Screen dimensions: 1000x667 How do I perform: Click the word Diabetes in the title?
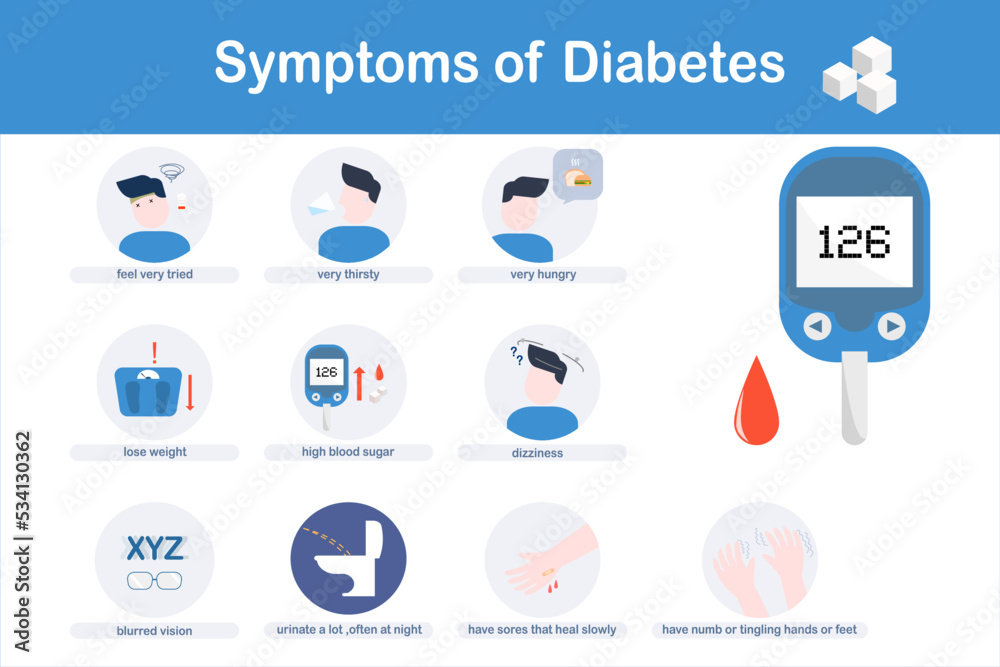pyautogui.click(x=673, y=62)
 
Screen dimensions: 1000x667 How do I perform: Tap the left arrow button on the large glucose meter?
pyautogui.click(x=817, y=326)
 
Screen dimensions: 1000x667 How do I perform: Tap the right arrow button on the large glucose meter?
pyautogui.click(x=892, y=326)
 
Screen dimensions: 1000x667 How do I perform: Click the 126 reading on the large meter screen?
pyautogui.click(x=854, y=242)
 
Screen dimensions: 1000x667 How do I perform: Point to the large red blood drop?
pyautogui.click(x=756, y=402)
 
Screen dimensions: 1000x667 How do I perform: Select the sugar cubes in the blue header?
pyautogui.click(x=860, y=75)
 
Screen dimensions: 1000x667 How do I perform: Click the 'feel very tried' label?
pyautogui.click(x=154, y=274)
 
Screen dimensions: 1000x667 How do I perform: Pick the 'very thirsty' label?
pyautogui.click(x=348, y=274)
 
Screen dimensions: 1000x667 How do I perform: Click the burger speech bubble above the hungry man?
pyautogui.click(x=577, y=175)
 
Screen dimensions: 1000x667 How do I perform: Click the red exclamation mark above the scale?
pyautogui.click(x=154, y=353)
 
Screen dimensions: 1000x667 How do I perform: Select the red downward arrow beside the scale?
pyautogui.click(x=189, y=393)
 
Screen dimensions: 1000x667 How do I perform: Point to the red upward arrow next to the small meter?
pyautogui.click(x=360, y=384)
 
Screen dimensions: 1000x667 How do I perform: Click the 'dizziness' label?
pyautogui.click(x=537, y=453)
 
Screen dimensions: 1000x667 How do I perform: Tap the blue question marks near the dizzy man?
pyautogui.click(x=517, y=355)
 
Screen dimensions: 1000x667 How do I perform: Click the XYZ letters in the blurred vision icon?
pyautogui.click(x=155, y=548)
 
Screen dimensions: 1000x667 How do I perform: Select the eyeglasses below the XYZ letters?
pyautogui.click(x=154, y=581)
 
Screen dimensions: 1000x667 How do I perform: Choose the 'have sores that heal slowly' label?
pyautogui.click(x=542, y=629)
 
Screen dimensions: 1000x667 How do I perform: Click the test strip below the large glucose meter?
pyautogui.click(x=855, y=398)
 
